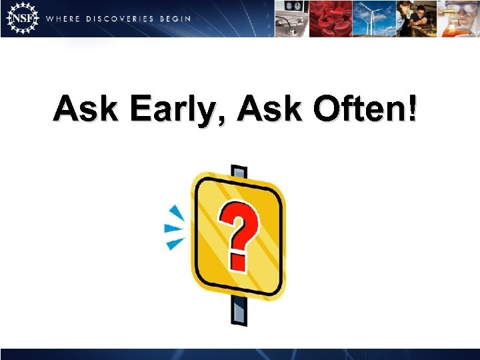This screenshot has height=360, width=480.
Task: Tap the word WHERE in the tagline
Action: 64,19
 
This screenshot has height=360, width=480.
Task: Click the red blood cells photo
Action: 332,18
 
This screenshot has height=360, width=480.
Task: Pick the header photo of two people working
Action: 416,18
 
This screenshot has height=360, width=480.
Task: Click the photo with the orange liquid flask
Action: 459,18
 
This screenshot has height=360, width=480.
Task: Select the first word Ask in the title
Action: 86,109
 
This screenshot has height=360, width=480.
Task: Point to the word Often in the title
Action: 359,109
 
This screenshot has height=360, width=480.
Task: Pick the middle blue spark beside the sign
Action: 173,229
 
